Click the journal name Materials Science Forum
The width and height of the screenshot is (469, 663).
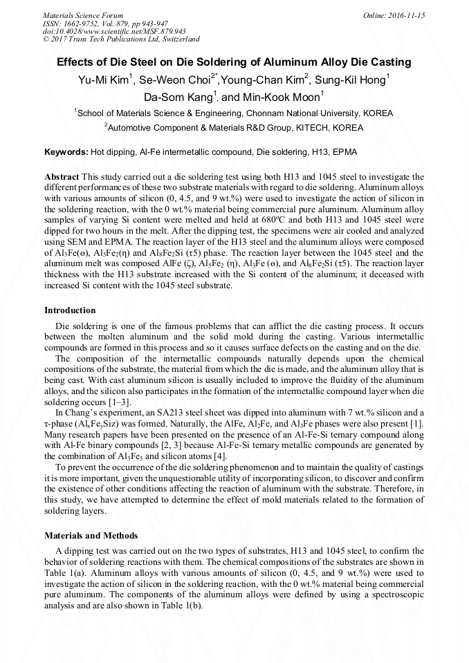(x=83, y=15)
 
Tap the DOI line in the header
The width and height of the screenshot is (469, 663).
(x=114, y=31)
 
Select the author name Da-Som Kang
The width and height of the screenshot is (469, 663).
(x=180, y=97)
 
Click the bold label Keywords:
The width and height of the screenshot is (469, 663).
(x=66, y=151)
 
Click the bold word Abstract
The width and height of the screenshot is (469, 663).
(x=61, y=177)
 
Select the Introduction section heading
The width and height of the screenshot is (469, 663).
(x=70, y=310)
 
